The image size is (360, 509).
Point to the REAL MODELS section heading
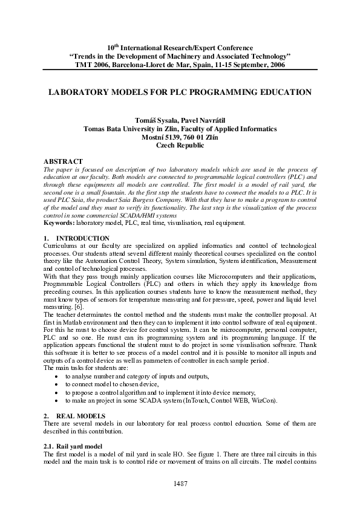[80, 417]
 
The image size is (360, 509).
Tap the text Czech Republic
[180, 145]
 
